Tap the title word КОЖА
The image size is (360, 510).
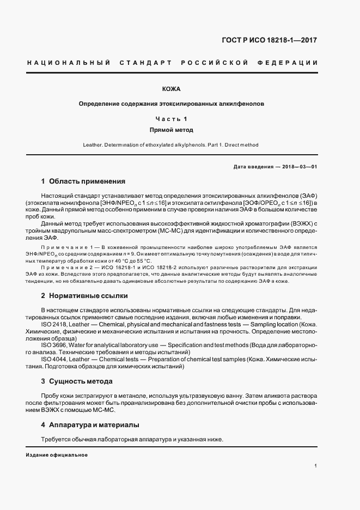click(x=171, y=89)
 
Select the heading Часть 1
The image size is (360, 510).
click(x=171, y=118)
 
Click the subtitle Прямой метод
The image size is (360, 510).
click(x=171, y=130)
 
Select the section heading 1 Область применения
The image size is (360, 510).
click(x=83, y=181)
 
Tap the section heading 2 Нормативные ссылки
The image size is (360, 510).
click(x=84, y=296)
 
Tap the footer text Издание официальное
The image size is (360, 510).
click(x=57, y=454)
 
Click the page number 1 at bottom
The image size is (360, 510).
click(x=316, y=466)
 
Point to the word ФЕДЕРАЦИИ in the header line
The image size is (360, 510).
click(x=291, y=63)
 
